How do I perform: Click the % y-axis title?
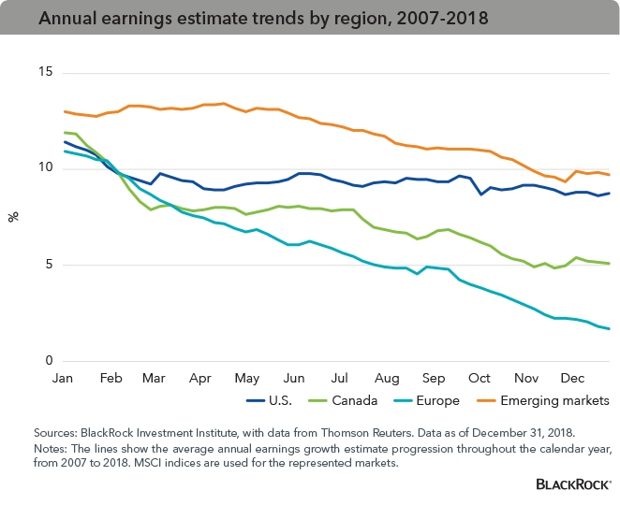tap(14, 217)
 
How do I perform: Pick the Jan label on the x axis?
tap(63, 379)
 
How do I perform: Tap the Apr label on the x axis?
tap(199, 379)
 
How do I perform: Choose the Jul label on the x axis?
tap(339, 379)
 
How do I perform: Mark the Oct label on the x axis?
tap(480, 379)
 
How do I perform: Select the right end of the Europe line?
tap(610, 328)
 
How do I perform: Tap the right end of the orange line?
tap(610, 175)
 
